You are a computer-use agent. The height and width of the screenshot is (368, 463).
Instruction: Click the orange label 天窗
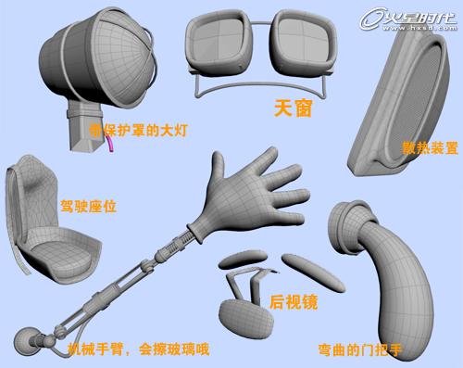[x=291, y=108]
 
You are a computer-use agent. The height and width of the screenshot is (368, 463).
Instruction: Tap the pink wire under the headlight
[x=112, y=145]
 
